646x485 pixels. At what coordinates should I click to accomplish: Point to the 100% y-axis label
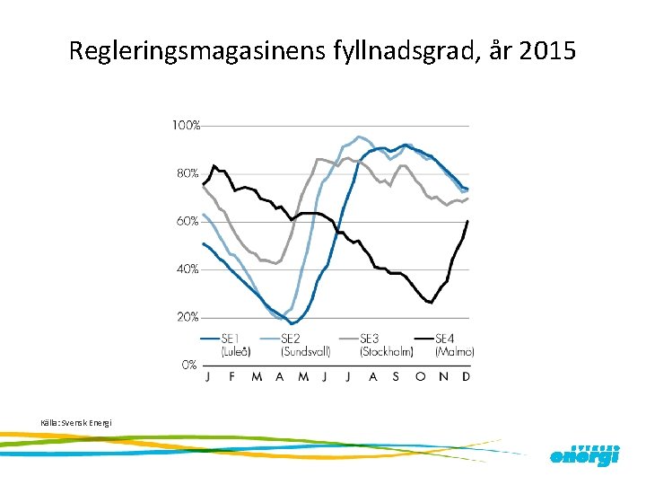(186, 126)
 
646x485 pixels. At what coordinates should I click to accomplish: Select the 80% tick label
(187, 173)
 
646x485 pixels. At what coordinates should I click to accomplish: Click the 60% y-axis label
(187, 221)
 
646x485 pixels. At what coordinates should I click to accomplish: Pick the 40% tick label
(187, 269)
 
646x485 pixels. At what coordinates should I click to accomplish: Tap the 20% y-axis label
(187, 317)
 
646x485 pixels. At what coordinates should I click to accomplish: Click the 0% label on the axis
(189, 365)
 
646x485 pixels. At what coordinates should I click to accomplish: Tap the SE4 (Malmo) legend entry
(453, 345)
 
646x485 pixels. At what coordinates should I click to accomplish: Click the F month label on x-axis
(232, 377)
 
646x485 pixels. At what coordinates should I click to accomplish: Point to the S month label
(396, 377)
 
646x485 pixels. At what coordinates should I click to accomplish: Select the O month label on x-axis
(419, 377)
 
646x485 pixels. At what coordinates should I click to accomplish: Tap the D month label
(467, 377)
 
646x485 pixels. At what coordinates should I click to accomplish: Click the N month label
(443, 377)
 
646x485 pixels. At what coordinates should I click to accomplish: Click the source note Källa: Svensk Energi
(76, 422)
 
